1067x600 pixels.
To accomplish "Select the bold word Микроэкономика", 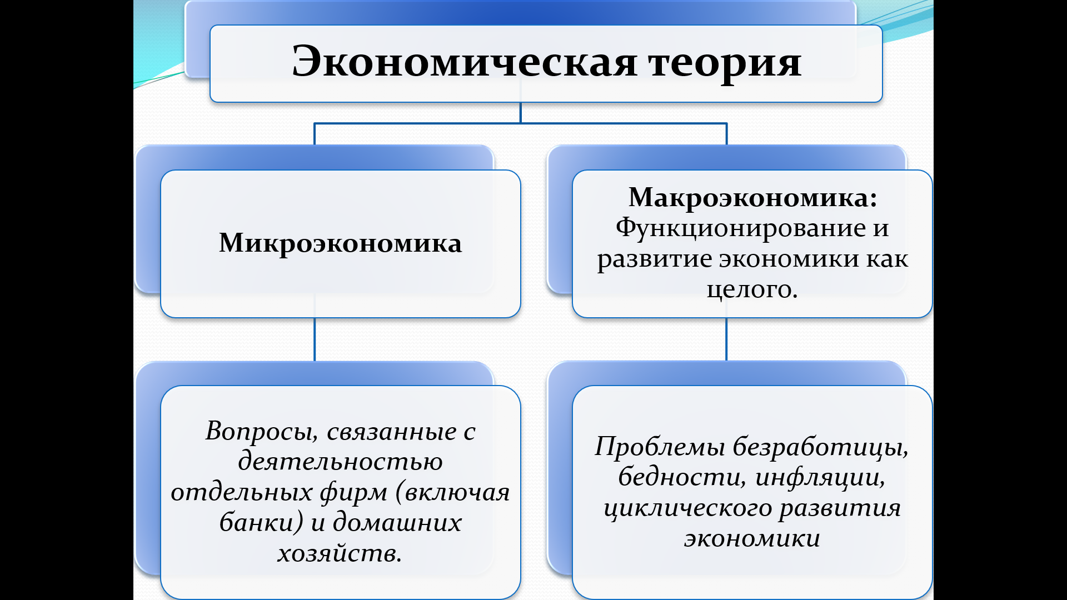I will pos(340,243).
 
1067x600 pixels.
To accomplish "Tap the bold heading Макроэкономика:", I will pos(752,197).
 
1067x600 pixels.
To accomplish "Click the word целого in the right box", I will pos(751,289).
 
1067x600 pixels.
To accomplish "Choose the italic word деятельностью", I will pos(340,462).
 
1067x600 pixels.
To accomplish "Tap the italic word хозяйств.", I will pos(339,553).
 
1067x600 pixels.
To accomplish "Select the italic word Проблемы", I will pos(660,447).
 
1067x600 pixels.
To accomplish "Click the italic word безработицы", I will pos(820,447).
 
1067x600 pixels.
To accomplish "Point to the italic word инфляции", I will pos(820,477).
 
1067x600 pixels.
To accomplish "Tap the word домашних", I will pos(397,523).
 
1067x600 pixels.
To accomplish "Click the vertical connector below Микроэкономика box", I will pos(315,339).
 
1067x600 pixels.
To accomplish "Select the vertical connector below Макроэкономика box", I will pos(726,339).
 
